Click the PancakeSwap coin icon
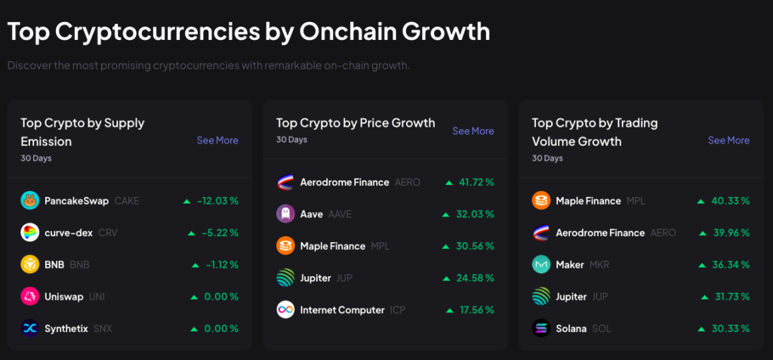29,201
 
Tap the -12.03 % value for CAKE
217,201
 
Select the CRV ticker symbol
108,232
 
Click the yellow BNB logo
29,265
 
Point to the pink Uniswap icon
29,297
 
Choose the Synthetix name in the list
66,328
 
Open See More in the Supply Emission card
217,140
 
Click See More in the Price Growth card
473,131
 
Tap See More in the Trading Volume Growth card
728,140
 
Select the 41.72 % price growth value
476,182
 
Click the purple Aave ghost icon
285,214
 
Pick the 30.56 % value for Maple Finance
476,246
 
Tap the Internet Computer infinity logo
285,310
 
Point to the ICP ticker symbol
398,310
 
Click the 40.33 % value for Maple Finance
731,201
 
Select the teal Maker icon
541,265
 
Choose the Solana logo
541,328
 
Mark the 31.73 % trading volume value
731,297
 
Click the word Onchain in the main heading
346,32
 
